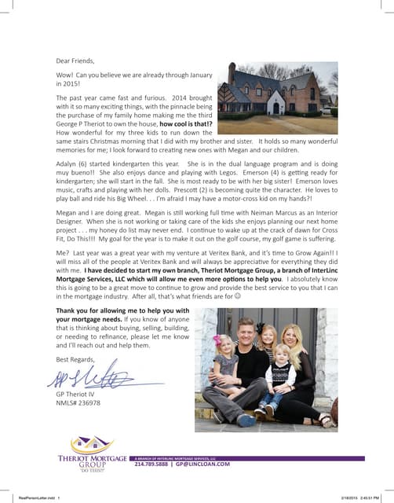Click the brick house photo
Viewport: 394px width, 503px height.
click(277, 97)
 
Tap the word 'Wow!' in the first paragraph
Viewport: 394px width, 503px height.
click(65, 75)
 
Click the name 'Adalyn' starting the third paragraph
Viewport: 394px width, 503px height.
click(67, 165)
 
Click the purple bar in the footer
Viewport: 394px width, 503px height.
click(259, 457)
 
